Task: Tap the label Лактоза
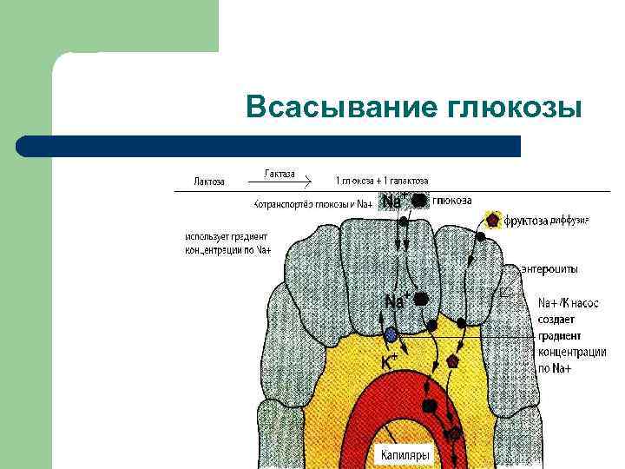pyautogui.click(x=209, y=182)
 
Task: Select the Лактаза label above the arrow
pyautogui.click(x=280, y=174)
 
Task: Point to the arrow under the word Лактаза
pyautogui.click(x=280, y=182)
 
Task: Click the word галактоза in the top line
pyautogui.click(x=405, y=182)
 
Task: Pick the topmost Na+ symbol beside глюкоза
pyautogui.click(x=393, y=201)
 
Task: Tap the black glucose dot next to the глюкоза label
pyautogui.click(x=419, y=201)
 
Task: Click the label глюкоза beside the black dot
pyautogui.click(x=452, y=201)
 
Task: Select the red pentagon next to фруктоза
pyautogui.click(x=493, y=220)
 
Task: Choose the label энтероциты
pyautogui.click(x=549, y=269)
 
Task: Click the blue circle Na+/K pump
pyautogui.click(x=391, y=334)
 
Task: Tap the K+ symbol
pyautogui.click(x=390, y=359)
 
